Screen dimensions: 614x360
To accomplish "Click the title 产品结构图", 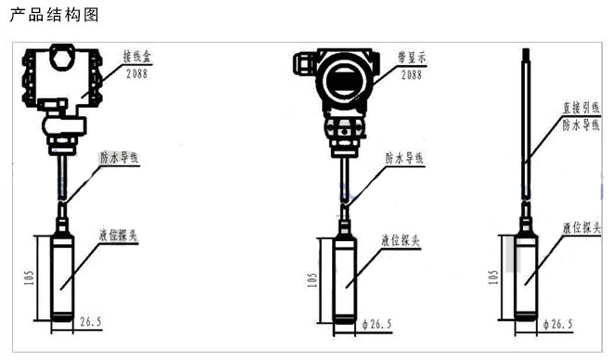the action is (x=54, y=15).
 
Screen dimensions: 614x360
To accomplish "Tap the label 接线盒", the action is (x=137, y=57).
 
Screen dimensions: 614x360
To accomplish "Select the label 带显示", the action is (x=412, y=58).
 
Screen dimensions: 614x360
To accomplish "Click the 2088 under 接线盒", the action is (x=136, y=73).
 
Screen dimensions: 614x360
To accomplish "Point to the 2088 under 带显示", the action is (x=412, y=74).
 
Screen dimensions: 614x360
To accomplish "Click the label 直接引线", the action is (x=582, y=108).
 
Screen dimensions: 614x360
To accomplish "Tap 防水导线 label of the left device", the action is (x=120, y=158).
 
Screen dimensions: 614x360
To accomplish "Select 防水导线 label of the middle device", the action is (x=404, y=159).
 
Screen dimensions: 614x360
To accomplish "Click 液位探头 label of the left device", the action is (x=119, y=236).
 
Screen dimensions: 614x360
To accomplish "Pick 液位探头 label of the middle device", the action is (x=401, y=240).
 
